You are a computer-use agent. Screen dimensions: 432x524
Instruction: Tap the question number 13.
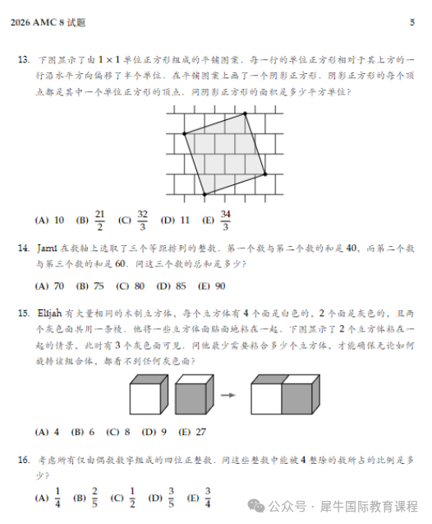tap(22, 60)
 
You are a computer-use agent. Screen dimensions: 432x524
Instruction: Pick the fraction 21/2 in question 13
tap(99, 220)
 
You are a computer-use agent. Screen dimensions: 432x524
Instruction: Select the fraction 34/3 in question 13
tap(226, 220)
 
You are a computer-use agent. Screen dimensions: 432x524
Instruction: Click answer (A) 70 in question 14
tap(49, 286)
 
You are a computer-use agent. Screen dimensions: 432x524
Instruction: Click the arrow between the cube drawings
tap(228, 395)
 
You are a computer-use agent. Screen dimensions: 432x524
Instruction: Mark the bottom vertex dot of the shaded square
tap(204, 195)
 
